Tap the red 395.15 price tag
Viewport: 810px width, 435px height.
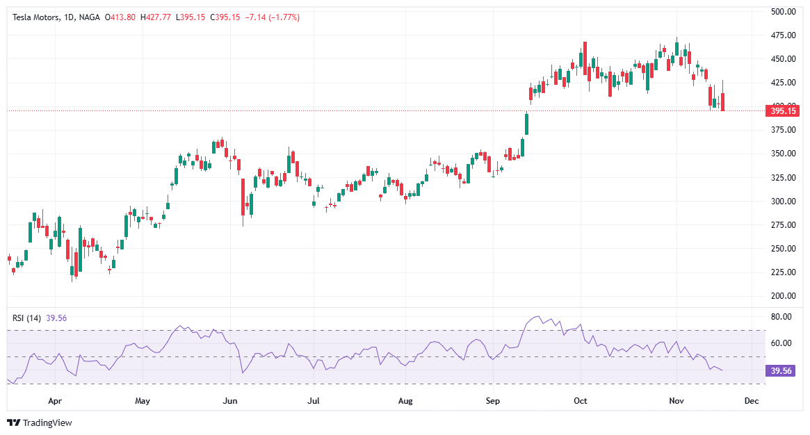pos(782,110)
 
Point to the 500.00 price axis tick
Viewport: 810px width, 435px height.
pos(783,12)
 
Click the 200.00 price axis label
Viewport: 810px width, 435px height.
pos(783,296)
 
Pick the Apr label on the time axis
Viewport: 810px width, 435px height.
pos(56,401)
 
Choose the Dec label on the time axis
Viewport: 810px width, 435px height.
pos(750,401)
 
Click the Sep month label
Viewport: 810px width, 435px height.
pos(493,401)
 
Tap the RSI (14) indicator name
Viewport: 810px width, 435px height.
pos(27,318)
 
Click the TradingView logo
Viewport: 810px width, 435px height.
pos(40,422)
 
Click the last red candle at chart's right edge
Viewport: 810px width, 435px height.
pos(723,101)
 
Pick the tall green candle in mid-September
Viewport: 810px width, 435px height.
pos(527,124)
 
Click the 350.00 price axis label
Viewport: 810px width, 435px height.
pos(783,154)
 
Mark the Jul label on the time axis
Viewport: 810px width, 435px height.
pos(314,401)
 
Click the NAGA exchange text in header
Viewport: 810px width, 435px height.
pos(89,17)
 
